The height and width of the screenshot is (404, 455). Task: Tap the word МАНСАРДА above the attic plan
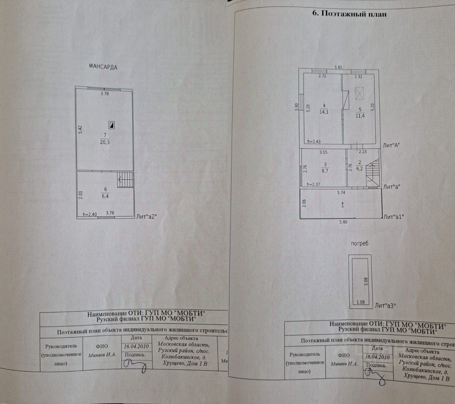point(103,67)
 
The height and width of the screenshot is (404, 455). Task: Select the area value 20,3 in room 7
point(105,142)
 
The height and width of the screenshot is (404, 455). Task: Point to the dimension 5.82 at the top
point(338,68)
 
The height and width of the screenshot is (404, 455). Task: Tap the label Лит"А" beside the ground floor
point(391,146)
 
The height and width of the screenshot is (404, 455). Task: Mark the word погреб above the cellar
point(360,244)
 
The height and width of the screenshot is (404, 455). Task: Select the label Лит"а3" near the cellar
point(385,306)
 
